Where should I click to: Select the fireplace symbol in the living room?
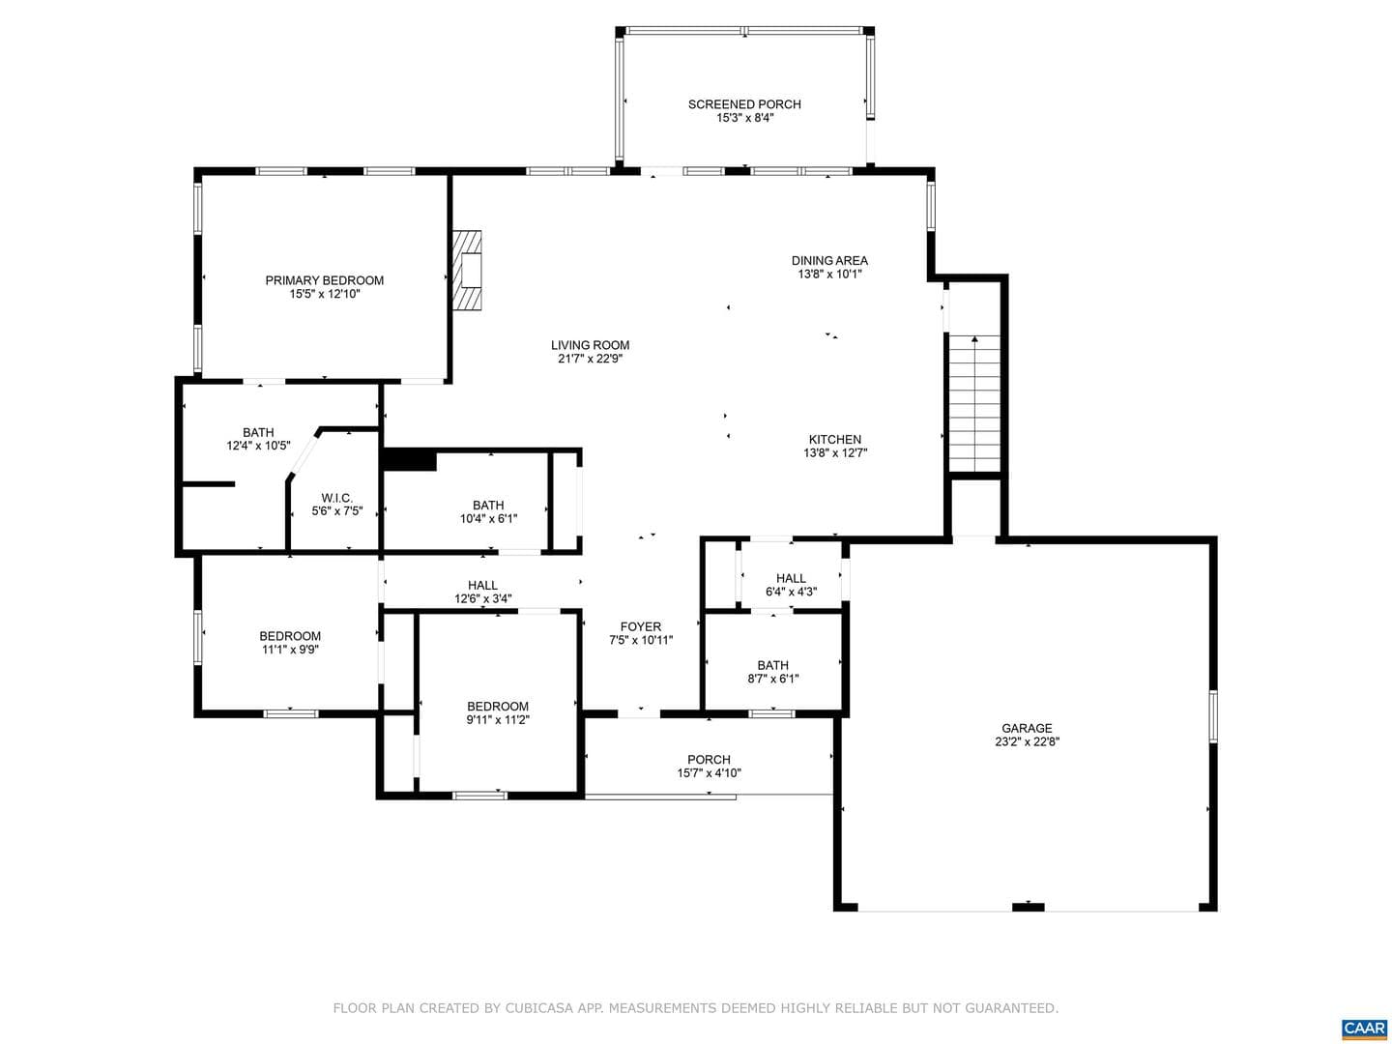pyautogui.click(x=467, y=270)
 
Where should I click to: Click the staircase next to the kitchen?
pyautogui.click(x=974, y=403)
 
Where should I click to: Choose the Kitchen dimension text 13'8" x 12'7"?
pyautogui.click(x=834, y=452)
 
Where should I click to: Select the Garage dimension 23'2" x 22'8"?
pyautogui.click(x=1027, y=741)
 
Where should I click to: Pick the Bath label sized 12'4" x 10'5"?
pyautogui.click(x=258, y=439)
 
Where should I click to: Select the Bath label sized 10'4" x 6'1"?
pyautogui.click(x=488, y=512)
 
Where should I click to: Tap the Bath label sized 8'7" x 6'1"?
pyautogui.click(x=773, y=672)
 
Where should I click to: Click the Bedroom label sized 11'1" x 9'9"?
pyautogui.click(x=290, y=642)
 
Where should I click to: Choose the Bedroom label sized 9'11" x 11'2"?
pyautogui.click(x=498, y=712)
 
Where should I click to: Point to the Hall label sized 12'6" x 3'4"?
pyautogui.click(x=482, y=592)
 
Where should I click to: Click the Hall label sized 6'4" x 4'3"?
pyautogui.click(x=791, y=585)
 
